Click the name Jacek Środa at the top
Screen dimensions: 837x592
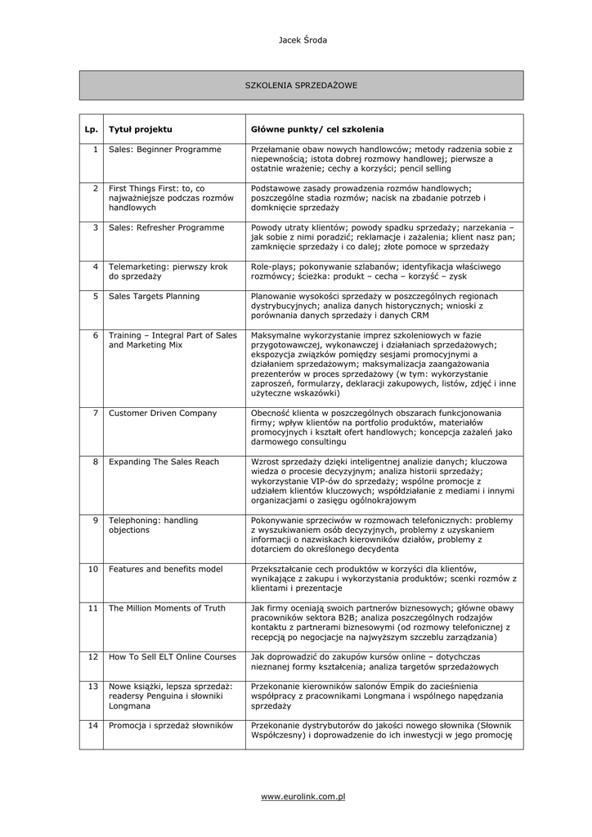pos(303,40)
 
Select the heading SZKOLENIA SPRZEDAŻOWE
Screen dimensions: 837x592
pos(301,85)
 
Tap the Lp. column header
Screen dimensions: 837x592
pos(91,129)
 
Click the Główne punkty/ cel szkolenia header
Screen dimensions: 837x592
pos(317,129)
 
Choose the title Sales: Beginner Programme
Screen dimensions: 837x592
pos(165,150)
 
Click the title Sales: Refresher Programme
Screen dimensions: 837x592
pos(166,227)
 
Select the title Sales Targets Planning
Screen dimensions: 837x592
pos(154,296)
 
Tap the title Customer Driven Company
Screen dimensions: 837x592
pos(163,413)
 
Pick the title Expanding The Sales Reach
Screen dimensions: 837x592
pos(164,462)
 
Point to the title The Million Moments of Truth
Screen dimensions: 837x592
pos(167,608)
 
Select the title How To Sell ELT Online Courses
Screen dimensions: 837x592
pos(172,656)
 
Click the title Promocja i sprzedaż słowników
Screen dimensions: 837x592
pos(171,725)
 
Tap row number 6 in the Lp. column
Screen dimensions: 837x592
pos(95,335)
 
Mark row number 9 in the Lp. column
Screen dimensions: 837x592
pos(95,520)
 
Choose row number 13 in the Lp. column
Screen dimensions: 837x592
pos(93,686)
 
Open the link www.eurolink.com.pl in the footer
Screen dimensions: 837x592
pos(302,795)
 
